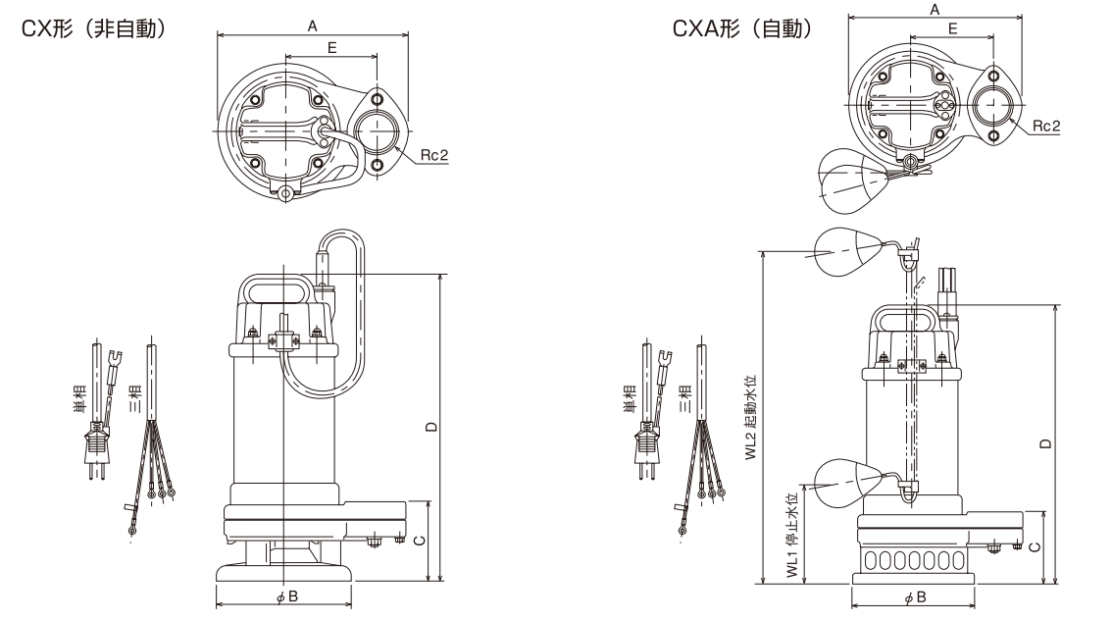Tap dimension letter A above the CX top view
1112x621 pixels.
coord(312,27)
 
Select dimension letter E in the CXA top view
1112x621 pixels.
coord(953,30)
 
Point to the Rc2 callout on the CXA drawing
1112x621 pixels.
coord(1045,127)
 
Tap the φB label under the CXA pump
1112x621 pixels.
coord(914,596)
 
